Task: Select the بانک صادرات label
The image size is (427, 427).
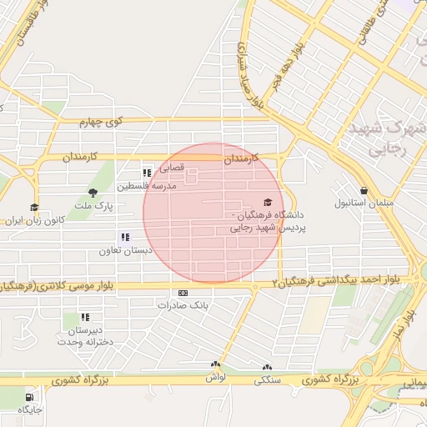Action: [x=182, y=305]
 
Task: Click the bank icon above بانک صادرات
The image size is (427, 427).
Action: [x=183, y=293]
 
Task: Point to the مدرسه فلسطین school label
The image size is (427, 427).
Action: [x=148, y=185]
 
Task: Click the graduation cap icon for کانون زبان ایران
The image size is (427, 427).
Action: [x=34, y=208]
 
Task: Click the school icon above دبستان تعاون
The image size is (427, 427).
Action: [x=125, y=237]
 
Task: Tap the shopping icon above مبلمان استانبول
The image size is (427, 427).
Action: [x=364, y=191]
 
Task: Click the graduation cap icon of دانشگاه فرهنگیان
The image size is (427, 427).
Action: [x=268, y=202]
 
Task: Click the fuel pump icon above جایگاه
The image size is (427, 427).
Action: [x=30, y=397]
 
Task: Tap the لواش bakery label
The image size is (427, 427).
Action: [x=216, y=377]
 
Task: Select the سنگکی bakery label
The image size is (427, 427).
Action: [x=268, y=379]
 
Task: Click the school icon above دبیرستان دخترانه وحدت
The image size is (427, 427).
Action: [x=84, y=317]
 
